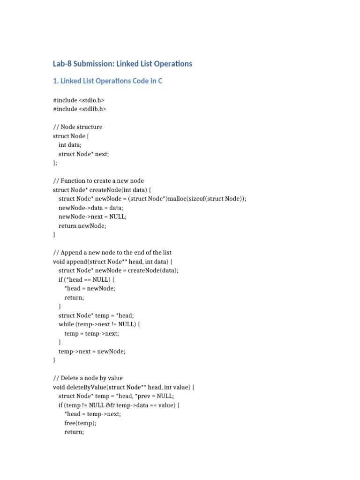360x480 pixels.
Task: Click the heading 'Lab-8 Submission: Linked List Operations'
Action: point(123,64)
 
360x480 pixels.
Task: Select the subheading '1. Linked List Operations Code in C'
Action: point(108,81)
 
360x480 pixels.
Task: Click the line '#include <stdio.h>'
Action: point(79,100)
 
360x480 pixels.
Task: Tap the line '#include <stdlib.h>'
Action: point(80,109)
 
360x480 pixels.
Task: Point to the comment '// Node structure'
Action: point(78,127)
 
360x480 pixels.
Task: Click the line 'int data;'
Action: point(70,145)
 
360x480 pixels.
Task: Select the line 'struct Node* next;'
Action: point(87,154)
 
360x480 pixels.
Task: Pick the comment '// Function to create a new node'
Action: point(98,181)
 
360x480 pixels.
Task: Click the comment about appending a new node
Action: point(112,253)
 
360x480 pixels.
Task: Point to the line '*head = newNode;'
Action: point(90,288)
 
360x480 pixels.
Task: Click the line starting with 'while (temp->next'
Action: point(99,324)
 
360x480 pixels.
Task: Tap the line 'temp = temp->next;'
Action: point(91,333)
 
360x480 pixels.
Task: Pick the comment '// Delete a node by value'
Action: point(88,378)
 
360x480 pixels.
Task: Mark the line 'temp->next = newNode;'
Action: point(92,351)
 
